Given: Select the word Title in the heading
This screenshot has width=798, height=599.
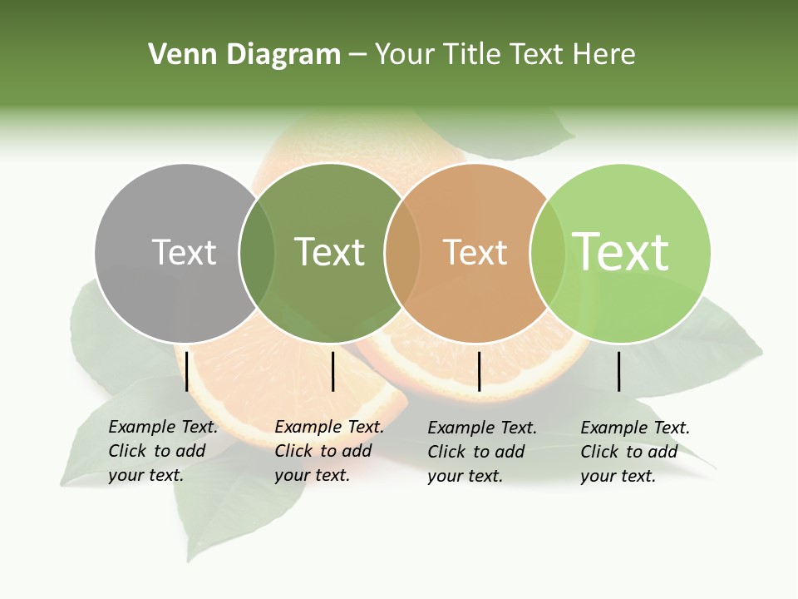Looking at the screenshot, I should coord(475,55).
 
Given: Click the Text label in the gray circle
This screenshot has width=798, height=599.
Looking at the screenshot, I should coord(184,252).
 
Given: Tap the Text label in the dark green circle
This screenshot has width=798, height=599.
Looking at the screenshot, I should coord(329,252).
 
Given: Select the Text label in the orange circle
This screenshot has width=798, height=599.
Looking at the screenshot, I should coord(475,252).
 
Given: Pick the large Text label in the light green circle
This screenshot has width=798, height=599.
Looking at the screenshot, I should coord(621,251).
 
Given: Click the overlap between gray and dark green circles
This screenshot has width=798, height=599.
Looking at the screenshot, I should coord(257,253).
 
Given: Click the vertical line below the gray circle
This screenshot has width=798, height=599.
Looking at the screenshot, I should coord(187,371).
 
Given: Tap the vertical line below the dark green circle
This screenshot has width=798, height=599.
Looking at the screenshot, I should coord(332,371).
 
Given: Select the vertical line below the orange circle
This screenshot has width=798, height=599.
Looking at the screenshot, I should coord(479,371).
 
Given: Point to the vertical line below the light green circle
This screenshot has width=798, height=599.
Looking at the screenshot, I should coord(618,371).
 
